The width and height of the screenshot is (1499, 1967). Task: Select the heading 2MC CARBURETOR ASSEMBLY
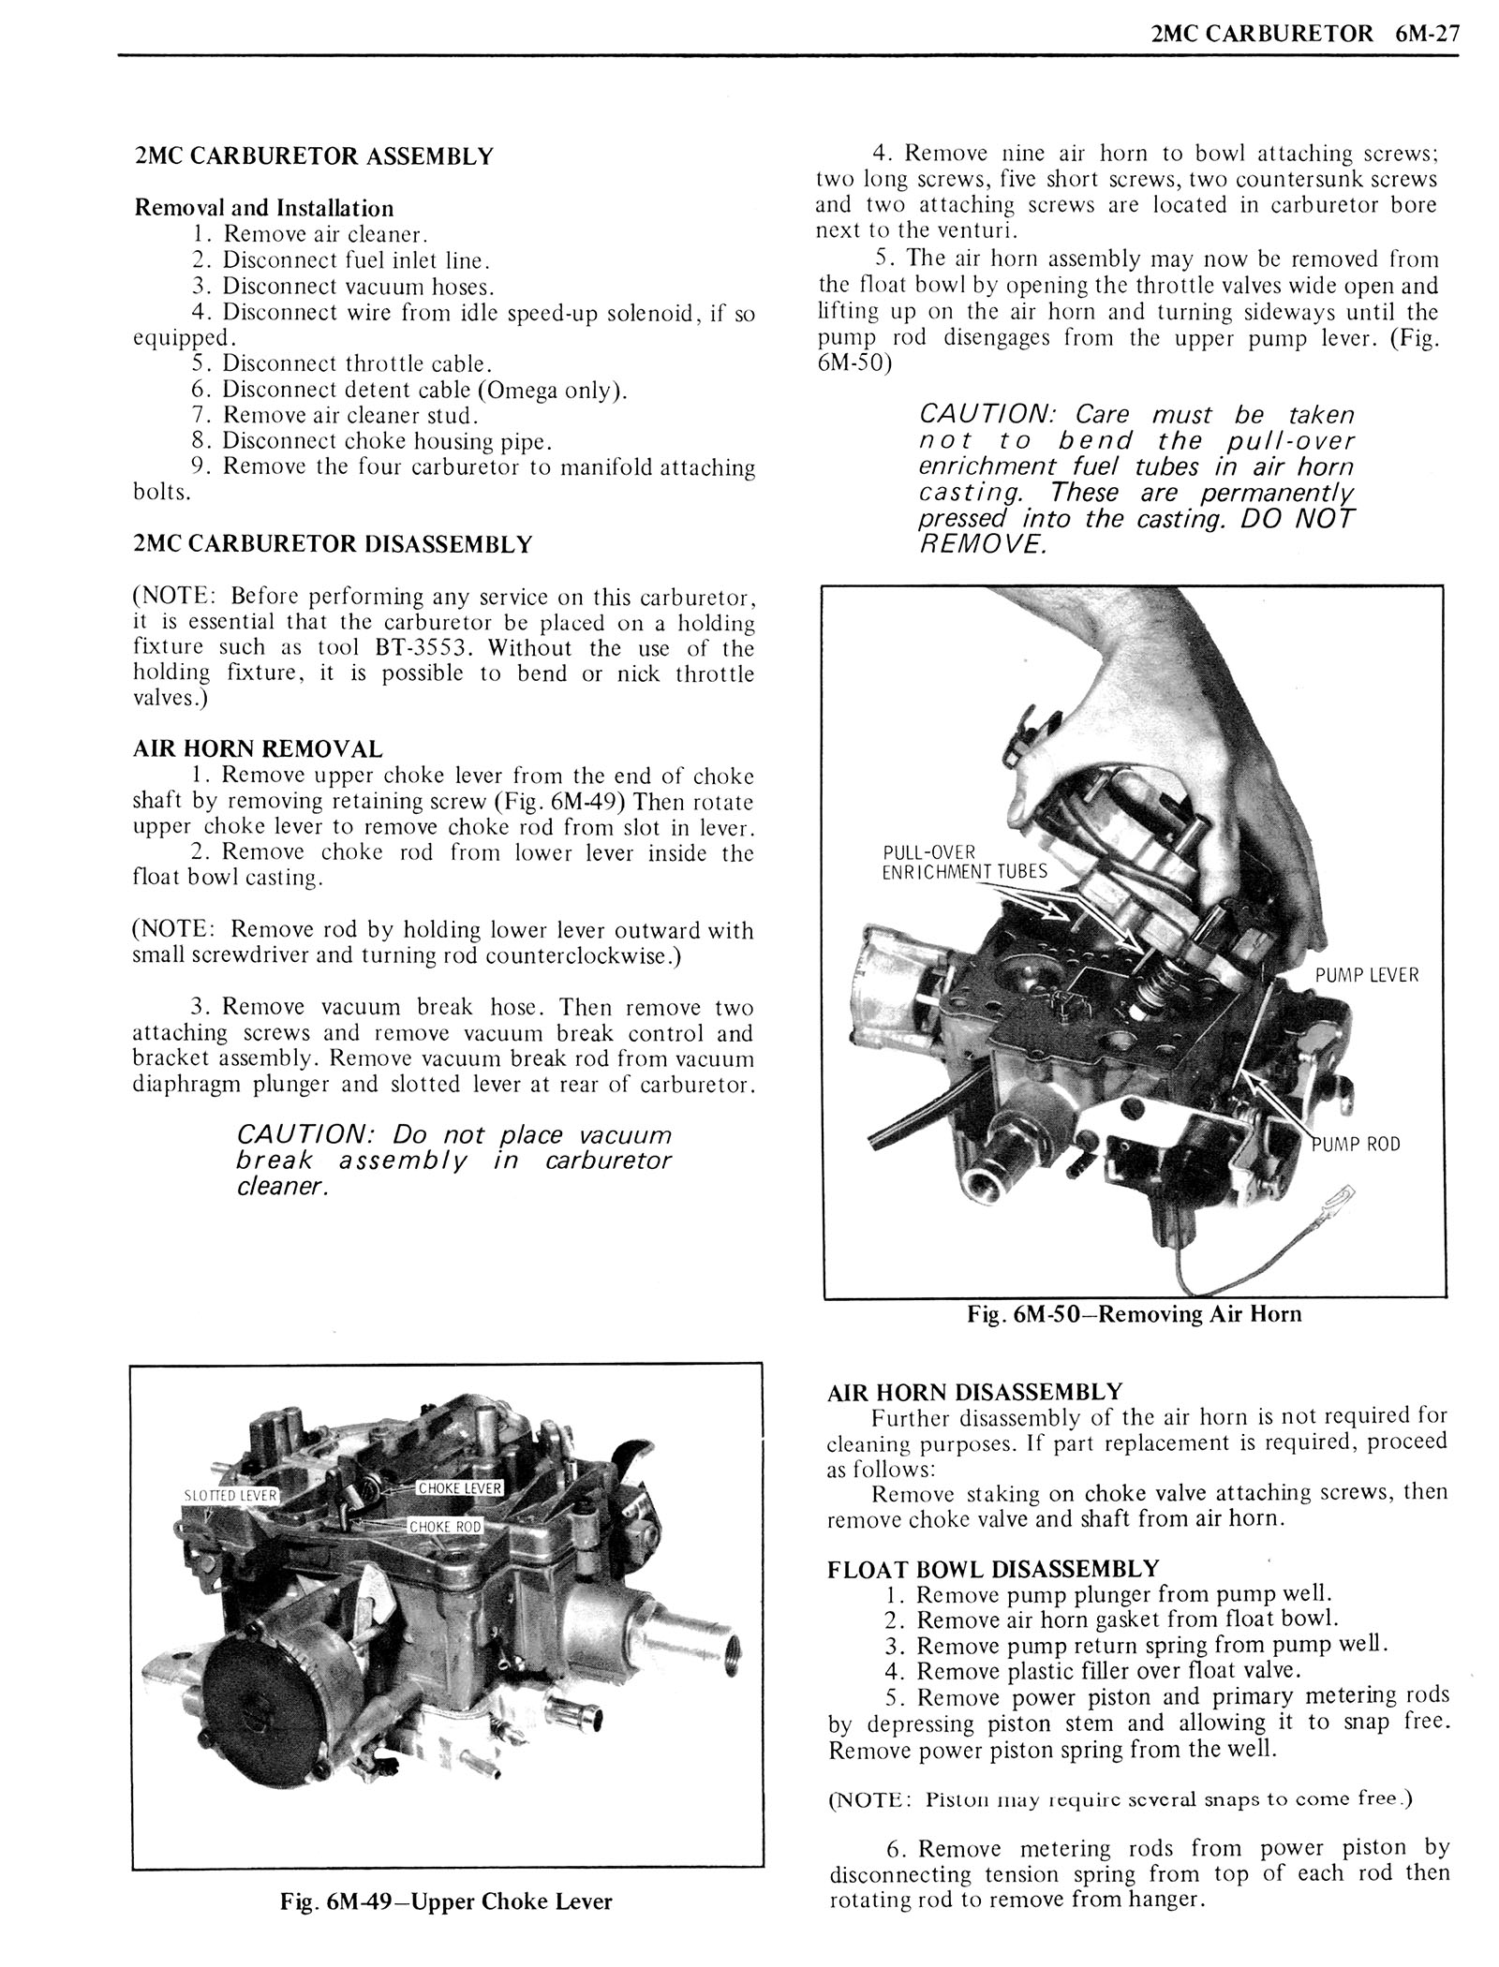(x=314, y=156)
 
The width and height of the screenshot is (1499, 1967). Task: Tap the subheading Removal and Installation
(x=264, y=208)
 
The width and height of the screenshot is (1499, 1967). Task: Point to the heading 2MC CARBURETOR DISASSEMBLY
(x=333, y=544)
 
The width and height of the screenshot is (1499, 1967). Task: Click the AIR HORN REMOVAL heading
(x=258, y=748)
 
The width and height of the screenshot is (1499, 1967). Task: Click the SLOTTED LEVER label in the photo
(x=230, y=1495)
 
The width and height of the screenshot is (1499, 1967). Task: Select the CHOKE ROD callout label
(x=445, y=1527)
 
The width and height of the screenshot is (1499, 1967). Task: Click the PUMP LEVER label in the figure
(x=1366, y=975)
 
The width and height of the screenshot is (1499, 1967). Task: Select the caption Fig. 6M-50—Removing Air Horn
(x=1134, y=1314)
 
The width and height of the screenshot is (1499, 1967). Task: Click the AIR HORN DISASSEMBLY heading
(x=974, y=1392)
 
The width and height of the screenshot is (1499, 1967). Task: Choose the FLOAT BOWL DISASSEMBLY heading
(x=993, y=1568)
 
